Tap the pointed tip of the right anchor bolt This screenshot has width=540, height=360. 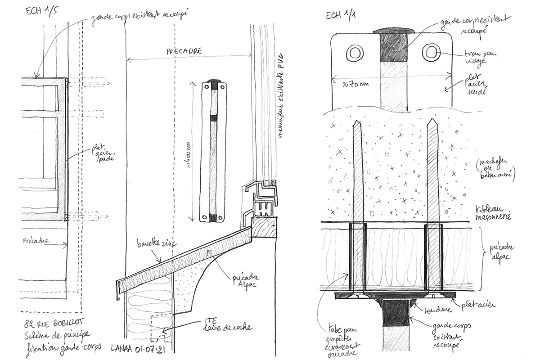pyautogui.click(x=432, y=122)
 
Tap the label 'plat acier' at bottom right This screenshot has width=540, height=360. pyautogui.click(x=478, y=305)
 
